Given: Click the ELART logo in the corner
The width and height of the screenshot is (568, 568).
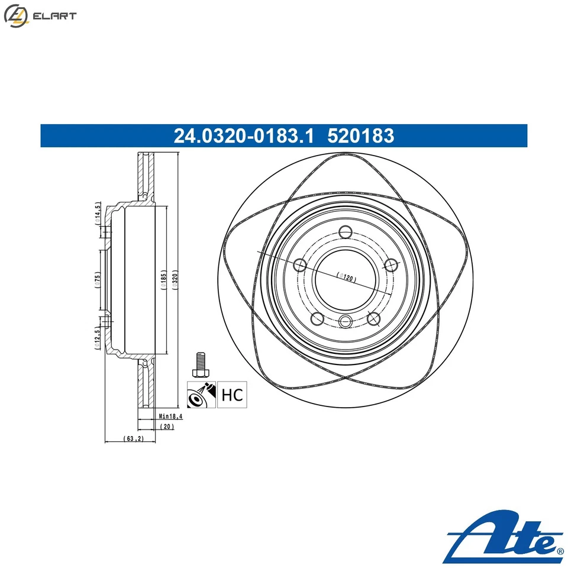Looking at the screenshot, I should (x=40, y=16).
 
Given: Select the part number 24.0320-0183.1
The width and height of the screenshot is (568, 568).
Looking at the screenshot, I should (x=243, y=136).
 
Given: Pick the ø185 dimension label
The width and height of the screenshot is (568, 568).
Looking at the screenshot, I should (x=163, y=279).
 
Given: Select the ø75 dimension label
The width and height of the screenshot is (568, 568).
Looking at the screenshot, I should (x=98, y=279).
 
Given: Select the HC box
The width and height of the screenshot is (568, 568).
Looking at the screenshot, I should (x=231, y=395).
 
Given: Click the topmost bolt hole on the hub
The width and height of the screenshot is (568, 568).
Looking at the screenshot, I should (x=346, y=233).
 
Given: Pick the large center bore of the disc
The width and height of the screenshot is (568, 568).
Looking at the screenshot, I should (x=345, y=278).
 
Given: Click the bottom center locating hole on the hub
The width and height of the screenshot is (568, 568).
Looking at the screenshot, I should (x=346, y=321).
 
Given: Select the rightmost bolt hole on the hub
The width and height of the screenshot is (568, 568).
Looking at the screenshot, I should (x=390, y=264).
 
